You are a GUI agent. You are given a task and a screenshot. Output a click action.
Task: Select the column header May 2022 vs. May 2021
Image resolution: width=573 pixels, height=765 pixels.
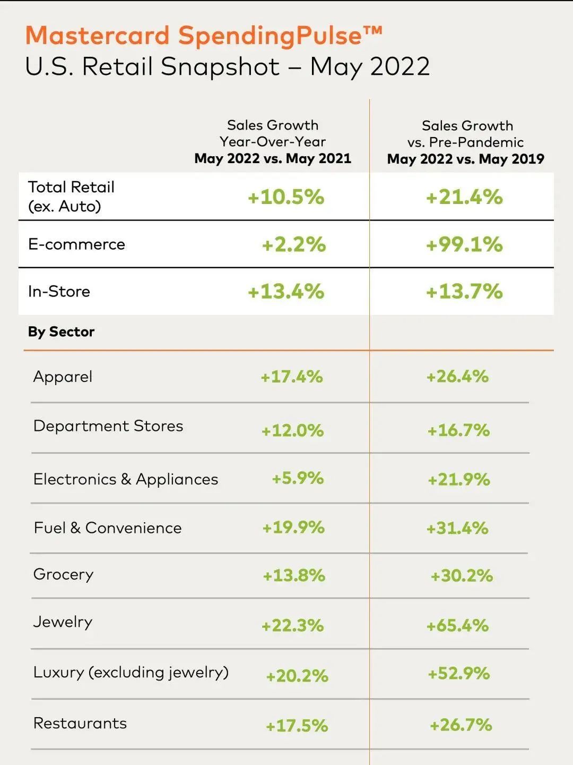[273, 158]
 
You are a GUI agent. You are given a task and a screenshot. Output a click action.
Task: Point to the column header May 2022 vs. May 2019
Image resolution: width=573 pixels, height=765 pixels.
[465, 159]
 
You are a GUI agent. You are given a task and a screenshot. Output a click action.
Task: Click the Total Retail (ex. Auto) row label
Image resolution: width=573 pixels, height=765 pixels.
[71, 197]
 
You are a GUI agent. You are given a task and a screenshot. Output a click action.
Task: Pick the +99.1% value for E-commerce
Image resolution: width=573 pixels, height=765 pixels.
[464, 244]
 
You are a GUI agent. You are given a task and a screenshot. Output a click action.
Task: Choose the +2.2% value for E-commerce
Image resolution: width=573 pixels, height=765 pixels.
[293, 244]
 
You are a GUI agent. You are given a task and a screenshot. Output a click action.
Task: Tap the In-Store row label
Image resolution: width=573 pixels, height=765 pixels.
[59, 291]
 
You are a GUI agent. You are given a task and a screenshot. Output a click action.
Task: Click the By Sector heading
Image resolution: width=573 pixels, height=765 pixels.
[61, 332]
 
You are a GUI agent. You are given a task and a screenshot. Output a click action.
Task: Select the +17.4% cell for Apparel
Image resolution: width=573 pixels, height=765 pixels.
[291, 377]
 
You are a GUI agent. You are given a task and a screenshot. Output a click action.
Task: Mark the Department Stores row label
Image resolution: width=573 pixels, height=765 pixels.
[108, 426]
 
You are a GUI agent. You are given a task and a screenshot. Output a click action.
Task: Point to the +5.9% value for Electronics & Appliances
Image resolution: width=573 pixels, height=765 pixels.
[298, 478]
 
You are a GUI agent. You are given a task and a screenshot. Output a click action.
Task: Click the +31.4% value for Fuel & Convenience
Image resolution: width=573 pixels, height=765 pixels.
[457, 528]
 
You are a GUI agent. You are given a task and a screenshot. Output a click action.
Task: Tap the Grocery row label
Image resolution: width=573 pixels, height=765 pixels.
[63, 574]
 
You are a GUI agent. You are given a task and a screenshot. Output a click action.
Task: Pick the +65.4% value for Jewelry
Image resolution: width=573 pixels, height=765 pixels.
[457, 625]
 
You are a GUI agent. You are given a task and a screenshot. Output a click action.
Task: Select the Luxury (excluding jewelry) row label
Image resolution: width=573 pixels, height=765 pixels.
[131, 673]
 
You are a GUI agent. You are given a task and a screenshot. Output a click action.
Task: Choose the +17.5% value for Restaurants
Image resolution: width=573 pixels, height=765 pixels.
[297, 726]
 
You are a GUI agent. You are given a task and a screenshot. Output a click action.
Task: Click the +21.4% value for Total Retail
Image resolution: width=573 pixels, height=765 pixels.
[464, 197]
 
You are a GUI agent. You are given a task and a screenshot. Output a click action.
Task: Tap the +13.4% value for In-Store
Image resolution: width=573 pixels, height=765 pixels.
[286, 292]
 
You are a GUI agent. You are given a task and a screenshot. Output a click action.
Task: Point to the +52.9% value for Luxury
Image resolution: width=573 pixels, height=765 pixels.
[458, 674]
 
